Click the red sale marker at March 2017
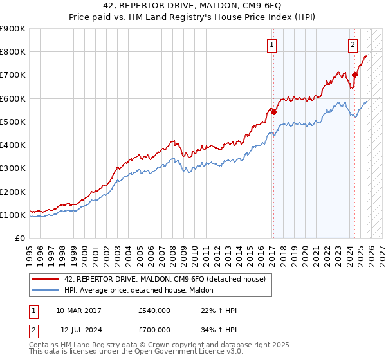273,112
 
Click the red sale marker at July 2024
354,75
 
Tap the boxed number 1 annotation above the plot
272,45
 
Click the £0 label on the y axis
20,239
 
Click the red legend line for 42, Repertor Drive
46,279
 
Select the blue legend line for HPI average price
46,291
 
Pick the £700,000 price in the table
154,330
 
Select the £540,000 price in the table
154,310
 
